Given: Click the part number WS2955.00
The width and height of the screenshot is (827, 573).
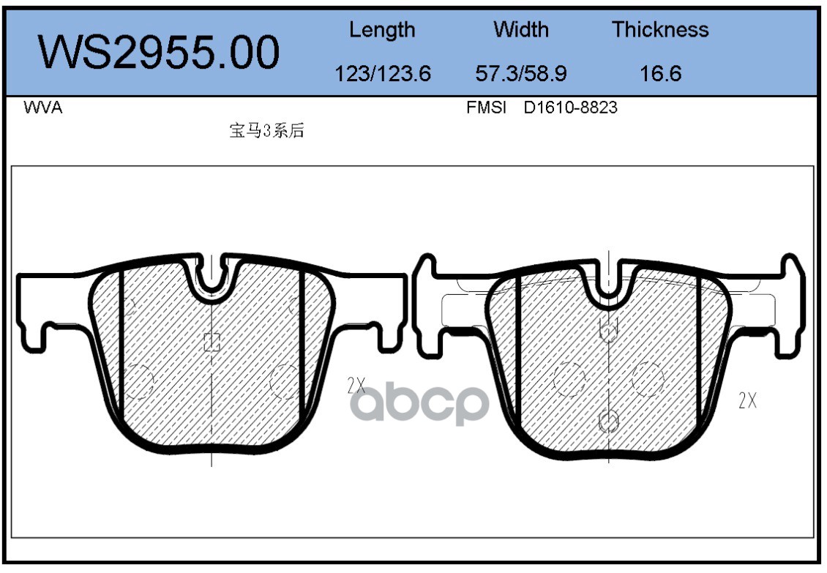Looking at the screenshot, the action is tap(159, 52).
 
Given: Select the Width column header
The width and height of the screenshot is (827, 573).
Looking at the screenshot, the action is tap(521, 29).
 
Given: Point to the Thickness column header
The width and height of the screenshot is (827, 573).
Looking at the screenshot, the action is tap(660, 29).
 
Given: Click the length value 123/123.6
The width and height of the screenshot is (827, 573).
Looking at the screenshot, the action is tap(383, 73).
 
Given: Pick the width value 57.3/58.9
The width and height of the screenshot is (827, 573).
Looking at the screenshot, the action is tap(521, 73).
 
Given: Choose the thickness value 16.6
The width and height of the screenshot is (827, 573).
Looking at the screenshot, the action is tap(660, 73).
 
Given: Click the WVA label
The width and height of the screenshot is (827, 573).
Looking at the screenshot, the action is tap(43, 108).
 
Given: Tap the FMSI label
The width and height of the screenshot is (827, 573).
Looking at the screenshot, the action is tap(486, 108).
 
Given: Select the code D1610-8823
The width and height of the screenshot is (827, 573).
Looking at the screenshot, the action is tap(570, 108).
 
